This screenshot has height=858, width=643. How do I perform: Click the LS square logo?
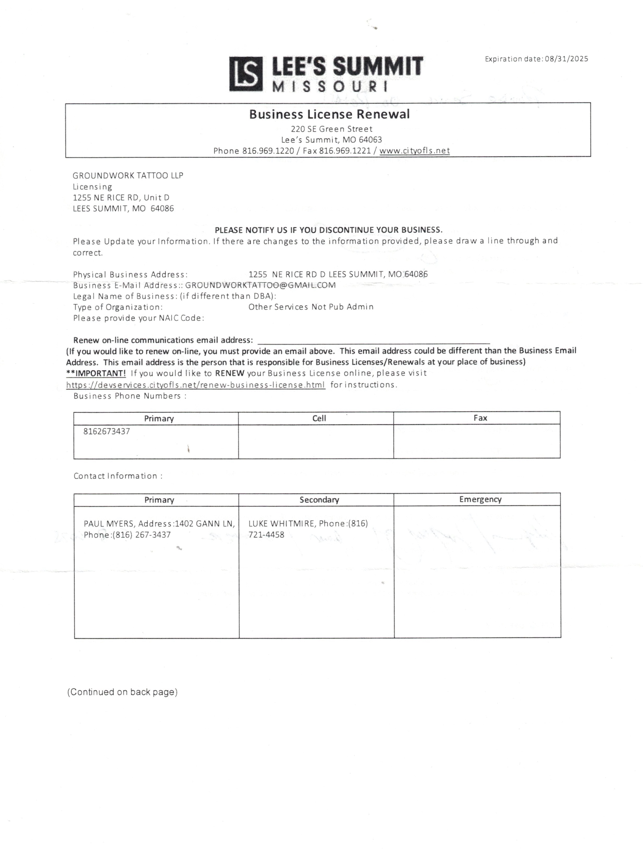point(246,74)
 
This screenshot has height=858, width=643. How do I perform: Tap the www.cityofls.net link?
point(414,150)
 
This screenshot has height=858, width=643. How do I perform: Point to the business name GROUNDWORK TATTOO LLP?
point(128,175)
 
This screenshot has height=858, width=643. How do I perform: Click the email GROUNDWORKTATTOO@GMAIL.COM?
point(260,285)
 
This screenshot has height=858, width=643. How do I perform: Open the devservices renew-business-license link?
point(196,385)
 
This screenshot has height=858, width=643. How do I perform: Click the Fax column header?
point(480,418)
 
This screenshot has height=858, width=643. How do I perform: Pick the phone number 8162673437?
point(107,431)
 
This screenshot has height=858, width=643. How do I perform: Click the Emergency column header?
point(480,499)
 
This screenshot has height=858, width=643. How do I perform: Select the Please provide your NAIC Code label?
point(138,318)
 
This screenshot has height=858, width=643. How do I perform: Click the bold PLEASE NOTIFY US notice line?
point(328,230)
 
